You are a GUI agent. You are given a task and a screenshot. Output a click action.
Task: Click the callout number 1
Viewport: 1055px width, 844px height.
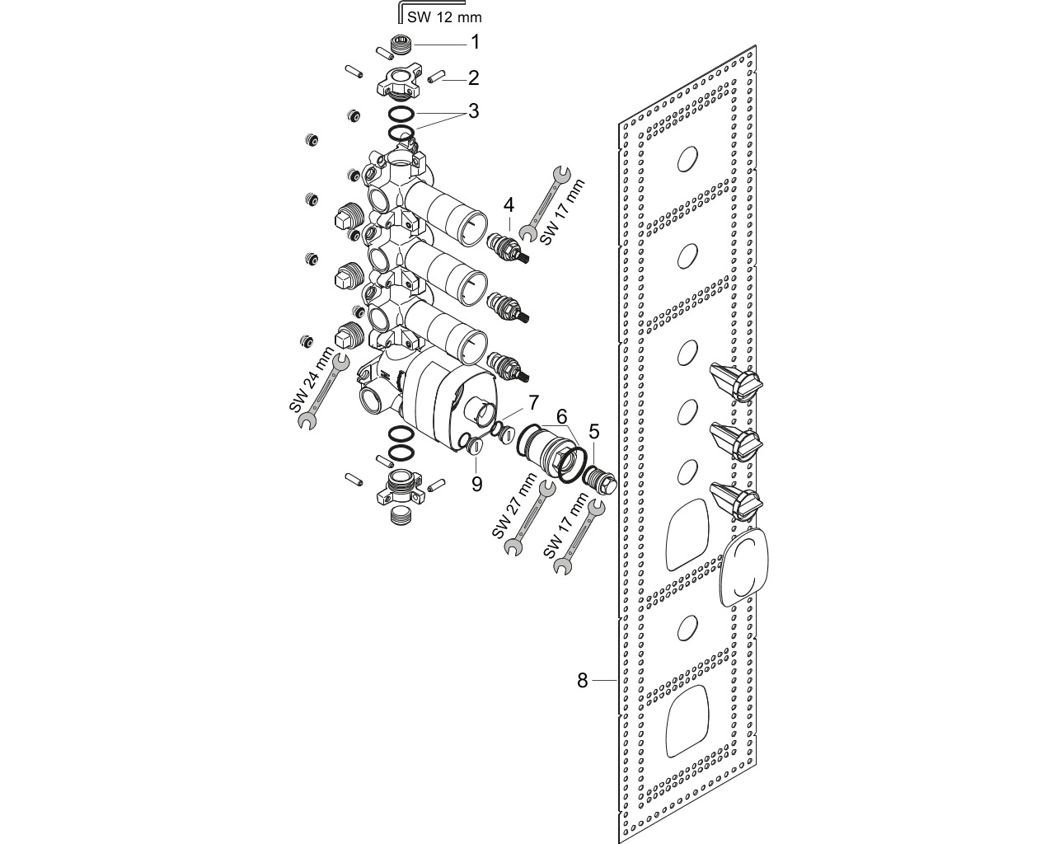[x=475, y=42]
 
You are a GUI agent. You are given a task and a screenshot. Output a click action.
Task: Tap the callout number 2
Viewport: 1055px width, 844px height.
[x=473, y=78]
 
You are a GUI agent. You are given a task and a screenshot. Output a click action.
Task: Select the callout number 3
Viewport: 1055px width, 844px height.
[x=474, y=111]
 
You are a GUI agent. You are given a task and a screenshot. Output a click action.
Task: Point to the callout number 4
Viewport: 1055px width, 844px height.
[x=509, y=205]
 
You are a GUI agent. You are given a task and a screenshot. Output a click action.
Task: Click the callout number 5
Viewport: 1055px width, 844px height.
[x=594, y=432]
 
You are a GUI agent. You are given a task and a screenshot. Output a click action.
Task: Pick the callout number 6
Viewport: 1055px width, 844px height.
[x=561, y=417]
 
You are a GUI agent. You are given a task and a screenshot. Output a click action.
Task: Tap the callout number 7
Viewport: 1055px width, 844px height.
[x=533, y=402]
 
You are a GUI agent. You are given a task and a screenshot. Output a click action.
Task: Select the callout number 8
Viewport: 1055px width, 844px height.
[x=583, y=681]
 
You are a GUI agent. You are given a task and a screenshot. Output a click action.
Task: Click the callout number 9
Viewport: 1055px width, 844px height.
[x=476, y=484]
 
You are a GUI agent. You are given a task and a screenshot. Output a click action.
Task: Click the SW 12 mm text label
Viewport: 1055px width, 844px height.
[x=444, y=17]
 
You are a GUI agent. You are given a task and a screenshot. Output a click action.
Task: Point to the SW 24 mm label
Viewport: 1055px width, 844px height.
[x=311, y=379]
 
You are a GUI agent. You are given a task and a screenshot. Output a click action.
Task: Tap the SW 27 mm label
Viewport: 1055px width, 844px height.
[x=514, y=505]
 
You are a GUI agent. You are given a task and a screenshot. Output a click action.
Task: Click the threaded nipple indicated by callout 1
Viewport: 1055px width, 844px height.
[x=402, y=45]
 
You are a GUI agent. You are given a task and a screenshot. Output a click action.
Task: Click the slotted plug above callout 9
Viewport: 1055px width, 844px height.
[x=476, y=446]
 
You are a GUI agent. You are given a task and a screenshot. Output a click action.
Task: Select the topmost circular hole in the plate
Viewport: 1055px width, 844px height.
[x=687, y=159]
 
